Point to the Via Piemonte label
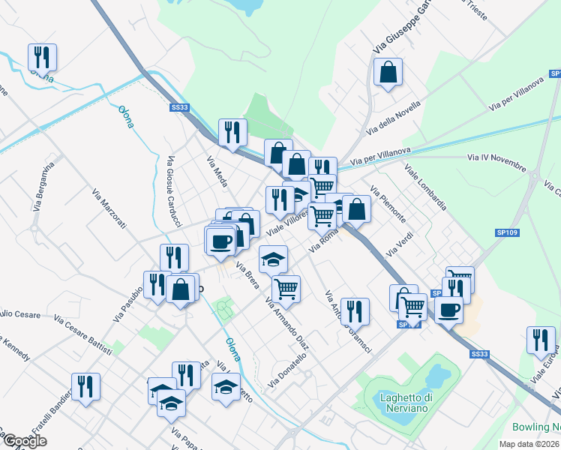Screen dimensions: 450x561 [388, 205]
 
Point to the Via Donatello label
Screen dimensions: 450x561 [288, 370]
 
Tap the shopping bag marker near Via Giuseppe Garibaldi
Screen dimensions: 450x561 [388, 73]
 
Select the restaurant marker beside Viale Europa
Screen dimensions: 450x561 [540, 340]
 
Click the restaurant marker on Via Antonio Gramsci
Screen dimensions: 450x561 [355, 311]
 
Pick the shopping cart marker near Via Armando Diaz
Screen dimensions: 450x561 [286, 288]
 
